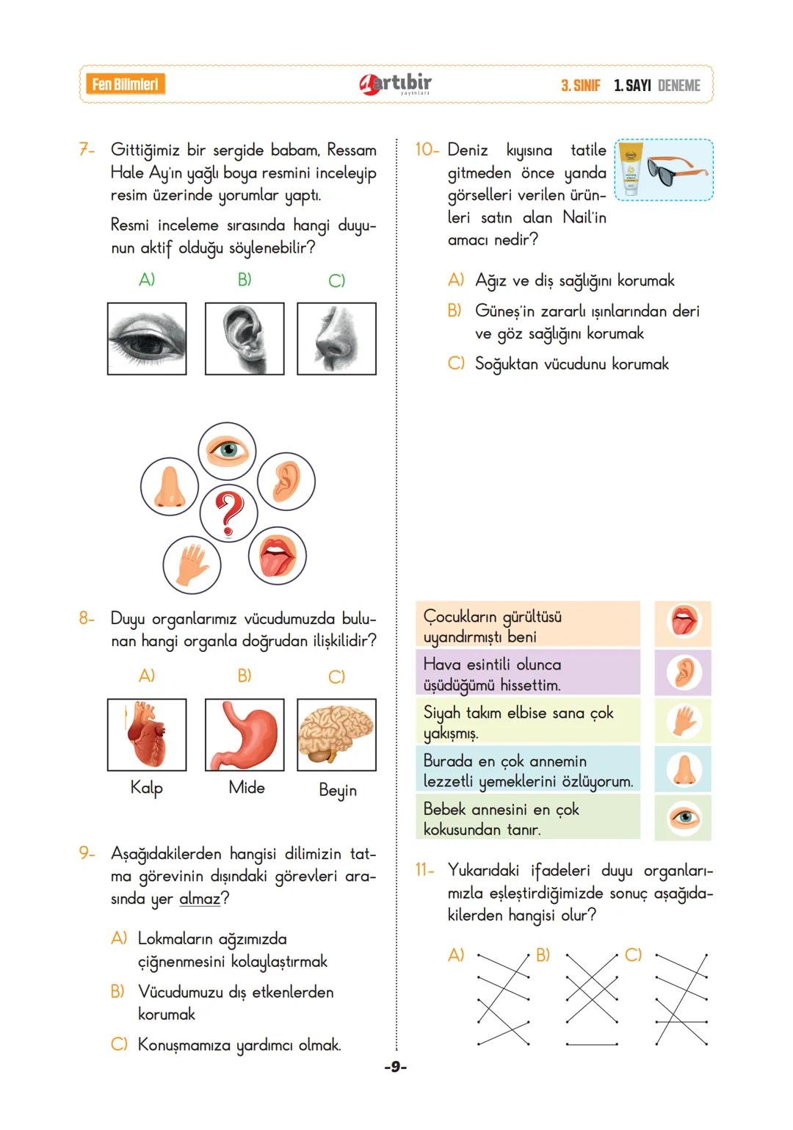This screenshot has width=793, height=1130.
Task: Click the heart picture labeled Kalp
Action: point(147,734)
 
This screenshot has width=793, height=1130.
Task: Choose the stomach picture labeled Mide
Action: point(245,734)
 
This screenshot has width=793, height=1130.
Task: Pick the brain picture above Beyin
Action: point(336,734)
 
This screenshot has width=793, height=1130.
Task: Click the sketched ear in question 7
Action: point(245,338)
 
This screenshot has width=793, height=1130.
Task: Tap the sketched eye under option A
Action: point(147,338)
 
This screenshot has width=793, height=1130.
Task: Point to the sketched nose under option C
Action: point(336,338)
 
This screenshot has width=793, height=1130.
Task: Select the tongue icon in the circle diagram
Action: point(278,556)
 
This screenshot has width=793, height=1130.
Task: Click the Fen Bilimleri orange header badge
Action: point(125,84)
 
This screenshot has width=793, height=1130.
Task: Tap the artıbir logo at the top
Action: point(396,84)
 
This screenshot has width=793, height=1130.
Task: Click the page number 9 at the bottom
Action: point(395,1067)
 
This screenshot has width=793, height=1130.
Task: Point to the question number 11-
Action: point(424,871)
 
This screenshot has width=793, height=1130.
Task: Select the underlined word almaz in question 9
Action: point(199,899)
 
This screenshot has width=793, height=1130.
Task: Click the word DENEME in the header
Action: point(679,85)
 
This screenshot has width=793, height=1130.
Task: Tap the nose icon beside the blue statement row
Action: point(684,769)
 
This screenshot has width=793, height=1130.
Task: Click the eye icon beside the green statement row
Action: point(684,817)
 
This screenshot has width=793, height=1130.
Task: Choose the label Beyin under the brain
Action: point(338,790)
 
